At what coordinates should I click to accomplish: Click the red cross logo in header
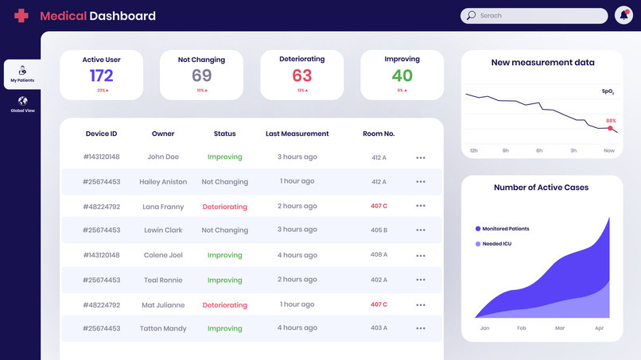21,15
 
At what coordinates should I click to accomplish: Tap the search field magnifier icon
471,15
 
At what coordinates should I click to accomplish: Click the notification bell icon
624,15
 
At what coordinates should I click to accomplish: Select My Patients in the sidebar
22,74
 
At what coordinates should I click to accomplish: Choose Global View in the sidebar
22,104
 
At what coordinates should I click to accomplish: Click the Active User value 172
101,75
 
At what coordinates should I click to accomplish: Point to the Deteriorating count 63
302,75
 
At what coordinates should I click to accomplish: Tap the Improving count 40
402,75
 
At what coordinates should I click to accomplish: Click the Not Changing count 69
201,75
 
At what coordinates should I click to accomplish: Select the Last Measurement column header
297,134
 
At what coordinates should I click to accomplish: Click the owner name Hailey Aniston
163,182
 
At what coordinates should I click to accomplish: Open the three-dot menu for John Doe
421,157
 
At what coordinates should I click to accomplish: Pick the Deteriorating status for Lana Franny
225,207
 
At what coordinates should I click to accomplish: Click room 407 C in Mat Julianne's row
379,304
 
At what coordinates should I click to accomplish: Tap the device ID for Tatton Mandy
101,328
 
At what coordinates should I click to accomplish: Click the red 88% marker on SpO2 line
610,128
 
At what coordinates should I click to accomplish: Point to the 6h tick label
538,150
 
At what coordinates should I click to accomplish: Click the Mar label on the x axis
560,328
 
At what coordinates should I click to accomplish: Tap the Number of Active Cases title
542,188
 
